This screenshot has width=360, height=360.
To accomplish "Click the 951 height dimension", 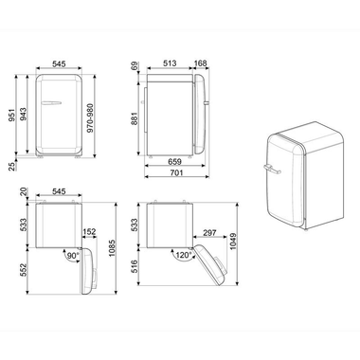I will pyautogui.click(x=11, y=115).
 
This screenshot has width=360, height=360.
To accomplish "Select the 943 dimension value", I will pyautogui.click(x=26, y=115).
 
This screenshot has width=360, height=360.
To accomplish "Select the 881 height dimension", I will pyautogui.click(x=135, y=119).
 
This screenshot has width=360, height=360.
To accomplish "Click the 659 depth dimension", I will pyautogui.click(x=176, y=161).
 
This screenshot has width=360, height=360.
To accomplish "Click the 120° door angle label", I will pyautogui.click(x=183, y=257).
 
